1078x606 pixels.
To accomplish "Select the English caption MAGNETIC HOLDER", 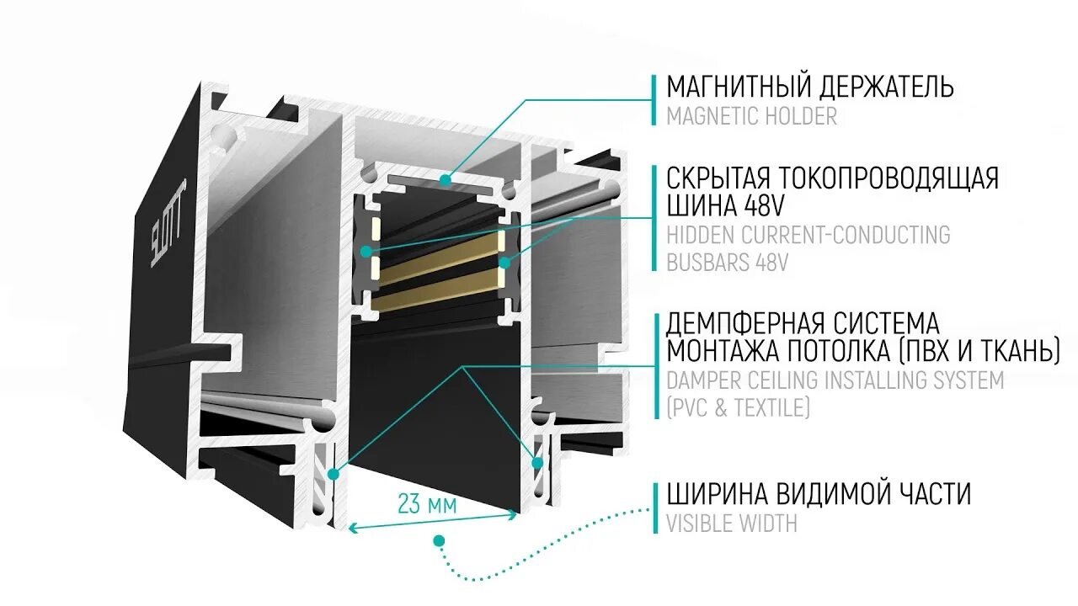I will tap(751, 116).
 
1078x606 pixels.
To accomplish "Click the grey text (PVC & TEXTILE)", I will tap(738, 408).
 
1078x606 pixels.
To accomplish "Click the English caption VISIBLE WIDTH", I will tap(731, 523).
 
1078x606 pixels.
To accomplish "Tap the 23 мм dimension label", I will tap(427, 505).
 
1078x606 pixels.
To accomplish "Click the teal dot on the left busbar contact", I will tap(366, 251).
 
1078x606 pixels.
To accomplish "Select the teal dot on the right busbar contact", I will tap(504, 263).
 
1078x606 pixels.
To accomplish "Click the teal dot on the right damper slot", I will tap(536, 461).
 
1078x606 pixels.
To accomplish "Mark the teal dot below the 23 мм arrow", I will tap(438, 540).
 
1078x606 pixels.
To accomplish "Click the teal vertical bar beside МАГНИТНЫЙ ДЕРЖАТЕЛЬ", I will tap(654, 100).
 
